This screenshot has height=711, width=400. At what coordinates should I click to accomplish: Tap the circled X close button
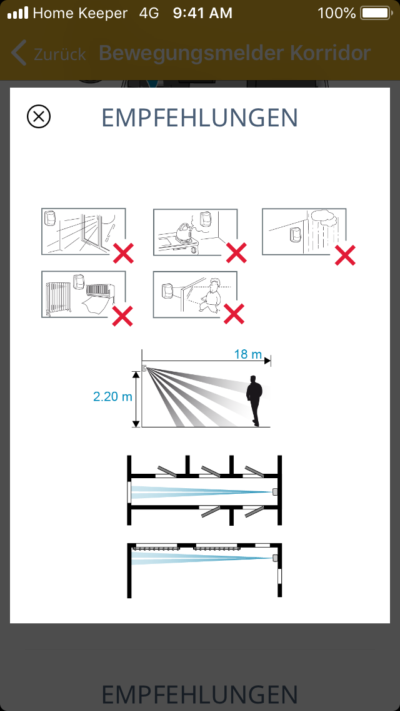tap(39, 116)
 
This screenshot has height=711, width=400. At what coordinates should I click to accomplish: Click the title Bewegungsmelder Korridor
tap(234, 53)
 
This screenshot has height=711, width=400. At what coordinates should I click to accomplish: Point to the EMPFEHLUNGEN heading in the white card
tap(200, 118)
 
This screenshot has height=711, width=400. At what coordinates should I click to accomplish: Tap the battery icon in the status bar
tap(376, 13)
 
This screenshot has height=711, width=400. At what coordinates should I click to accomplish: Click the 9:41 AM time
tap(202, 13)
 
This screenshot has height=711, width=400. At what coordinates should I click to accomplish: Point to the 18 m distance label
tap(247, 354)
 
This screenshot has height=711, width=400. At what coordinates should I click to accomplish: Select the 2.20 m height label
tap(112, 396)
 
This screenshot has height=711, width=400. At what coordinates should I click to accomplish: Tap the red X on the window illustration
tap(123, 253)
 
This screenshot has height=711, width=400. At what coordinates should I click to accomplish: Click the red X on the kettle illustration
tap(236, 253)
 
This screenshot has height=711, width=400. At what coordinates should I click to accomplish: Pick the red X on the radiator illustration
tap(122, 316)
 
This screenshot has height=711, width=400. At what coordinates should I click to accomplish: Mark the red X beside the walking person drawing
tap(234, 314)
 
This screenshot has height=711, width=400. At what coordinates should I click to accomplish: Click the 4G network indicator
tap(149, 13)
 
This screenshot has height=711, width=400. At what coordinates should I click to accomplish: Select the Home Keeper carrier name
tap(80, 13)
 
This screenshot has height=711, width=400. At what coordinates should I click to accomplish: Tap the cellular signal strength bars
tap(18, 13)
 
